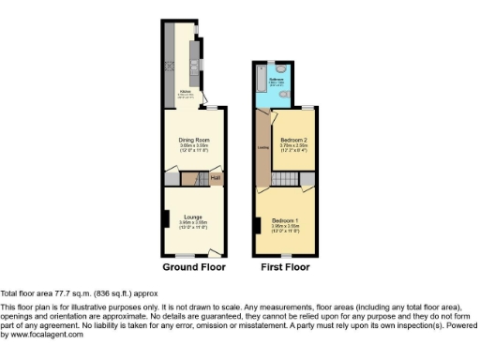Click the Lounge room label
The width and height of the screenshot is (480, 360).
[193, 217]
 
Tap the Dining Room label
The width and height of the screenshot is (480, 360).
[193, 140]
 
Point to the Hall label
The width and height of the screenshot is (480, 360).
[215, 178]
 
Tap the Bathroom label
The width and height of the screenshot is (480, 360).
[277, 80]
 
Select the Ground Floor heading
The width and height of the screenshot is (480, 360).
[194, 267]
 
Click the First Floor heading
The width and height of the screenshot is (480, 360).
[285, 267]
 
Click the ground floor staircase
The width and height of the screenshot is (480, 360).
[191, 178]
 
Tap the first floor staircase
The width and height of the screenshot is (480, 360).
[292, 178]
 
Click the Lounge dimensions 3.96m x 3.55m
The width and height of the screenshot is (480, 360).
[193, 222]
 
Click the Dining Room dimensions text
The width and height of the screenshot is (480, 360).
[193, 147]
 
